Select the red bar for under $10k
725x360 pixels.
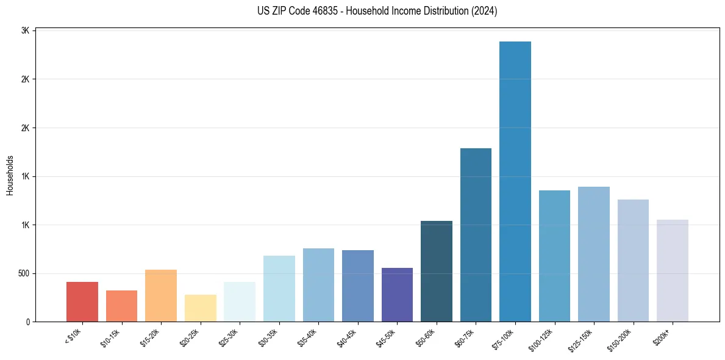[x=82, y=301]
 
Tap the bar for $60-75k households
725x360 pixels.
[x=476, y=235]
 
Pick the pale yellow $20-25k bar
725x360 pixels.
[x=201, y=308]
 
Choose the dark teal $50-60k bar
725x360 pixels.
[x=437, y=271]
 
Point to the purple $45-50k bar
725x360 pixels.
[x=397, y=295]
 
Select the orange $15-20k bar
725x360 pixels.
[x=161, y=295]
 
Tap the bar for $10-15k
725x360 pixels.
[x=121, y=306]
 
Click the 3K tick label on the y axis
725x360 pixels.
[x=24, y=31]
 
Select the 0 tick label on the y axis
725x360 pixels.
[x=27, y=322]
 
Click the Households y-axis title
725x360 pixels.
[x=10, y=175]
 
